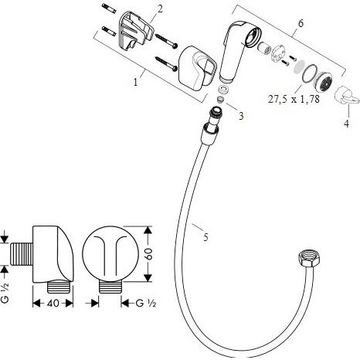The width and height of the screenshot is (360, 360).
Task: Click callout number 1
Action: click(135, 82)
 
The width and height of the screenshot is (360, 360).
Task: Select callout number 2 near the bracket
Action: click(160, 9)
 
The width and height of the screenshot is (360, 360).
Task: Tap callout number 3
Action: click(241, 116)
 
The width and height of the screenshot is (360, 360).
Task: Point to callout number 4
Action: click(347, 124)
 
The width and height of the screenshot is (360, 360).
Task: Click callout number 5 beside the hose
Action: click(205, 237)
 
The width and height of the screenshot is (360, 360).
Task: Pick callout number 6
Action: click(301, 23)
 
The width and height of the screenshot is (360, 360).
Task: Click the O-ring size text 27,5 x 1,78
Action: click(294, 99)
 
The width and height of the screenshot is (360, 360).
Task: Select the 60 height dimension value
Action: click(150, 254)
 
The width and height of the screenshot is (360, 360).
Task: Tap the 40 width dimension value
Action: click(53, 303)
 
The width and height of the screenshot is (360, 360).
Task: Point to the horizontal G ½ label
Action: click(146, 303)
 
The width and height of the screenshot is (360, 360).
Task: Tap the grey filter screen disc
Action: click(299, 66)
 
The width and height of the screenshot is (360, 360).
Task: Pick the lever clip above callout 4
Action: click(346, 94)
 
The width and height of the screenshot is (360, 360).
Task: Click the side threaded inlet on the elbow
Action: click(22, 253)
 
